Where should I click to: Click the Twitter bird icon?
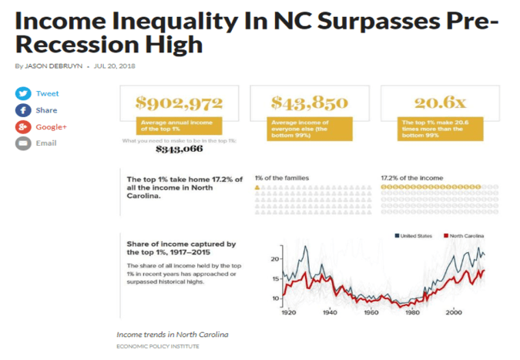[x=23, y=93]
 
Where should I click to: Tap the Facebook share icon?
[x=23, y=110]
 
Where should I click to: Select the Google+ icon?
[x=23, y=126]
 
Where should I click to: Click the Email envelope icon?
[x=23, y=143]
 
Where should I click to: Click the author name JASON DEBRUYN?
[x=54, y=66]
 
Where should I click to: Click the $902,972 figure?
[x=179, y=102]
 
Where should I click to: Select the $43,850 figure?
[x=310, y=102]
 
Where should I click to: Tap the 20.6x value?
[x=439, y=102]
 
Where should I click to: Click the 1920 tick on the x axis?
[x=290, y=314]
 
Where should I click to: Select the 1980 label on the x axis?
[x=413, y=314]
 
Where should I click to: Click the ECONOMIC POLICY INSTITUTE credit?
[x=157, y=347]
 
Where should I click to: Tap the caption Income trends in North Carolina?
[x=172, y=335]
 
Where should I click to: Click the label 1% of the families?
[x=281, y=178]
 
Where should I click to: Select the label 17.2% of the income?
[x=411, y=178]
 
